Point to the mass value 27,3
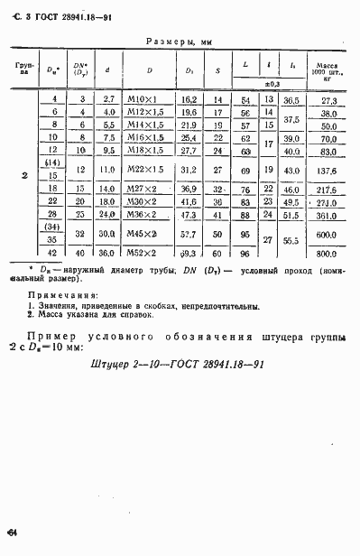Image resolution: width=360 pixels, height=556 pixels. tap(327, 100)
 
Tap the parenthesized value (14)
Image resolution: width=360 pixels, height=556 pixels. tap(53, 163)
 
